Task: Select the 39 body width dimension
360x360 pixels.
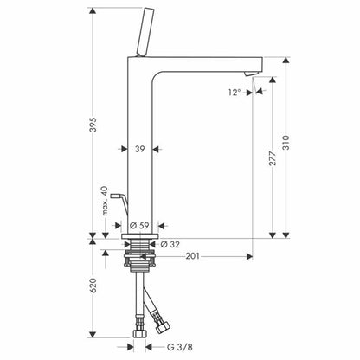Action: click(x=140, y=150)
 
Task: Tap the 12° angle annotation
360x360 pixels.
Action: click(x=234, y=91)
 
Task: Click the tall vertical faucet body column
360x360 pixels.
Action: click(x=140, y=173)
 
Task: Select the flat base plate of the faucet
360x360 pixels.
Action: click(x=140, y=235)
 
